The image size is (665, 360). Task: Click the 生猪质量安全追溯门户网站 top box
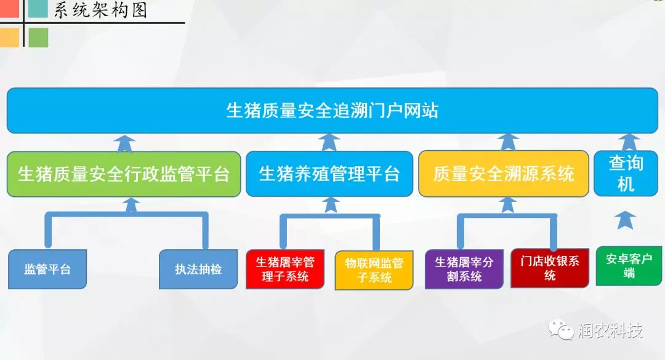tap(332, 111)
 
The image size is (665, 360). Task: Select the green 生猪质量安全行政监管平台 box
tap(124, 174)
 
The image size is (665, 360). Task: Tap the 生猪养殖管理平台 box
tap(329, 174)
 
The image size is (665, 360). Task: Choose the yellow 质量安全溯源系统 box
tap(504, 174)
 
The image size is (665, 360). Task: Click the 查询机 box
tap(626, 174)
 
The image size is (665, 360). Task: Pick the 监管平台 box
tap(47, 270)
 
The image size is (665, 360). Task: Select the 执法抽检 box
tap(198, 270)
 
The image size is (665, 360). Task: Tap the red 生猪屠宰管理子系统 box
tap(285, 270)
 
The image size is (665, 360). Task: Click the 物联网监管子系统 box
tap(374, 270)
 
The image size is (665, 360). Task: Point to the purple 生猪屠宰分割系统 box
tap(464, 269)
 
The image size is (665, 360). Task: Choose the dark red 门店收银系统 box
tap(550, 268)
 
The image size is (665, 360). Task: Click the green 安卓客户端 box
tap(629, 265)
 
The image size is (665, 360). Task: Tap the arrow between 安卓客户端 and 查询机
tap(625, 220)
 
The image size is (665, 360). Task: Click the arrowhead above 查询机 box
tap(629, 142)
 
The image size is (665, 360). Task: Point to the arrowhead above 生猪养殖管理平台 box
tap(329, 142)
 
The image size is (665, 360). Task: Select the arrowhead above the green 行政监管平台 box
tap(124, 143)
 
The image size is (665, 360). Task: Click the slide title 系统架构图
tap(100, 10)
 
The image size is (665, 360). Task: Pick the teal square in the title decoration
tap(38, 9)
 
